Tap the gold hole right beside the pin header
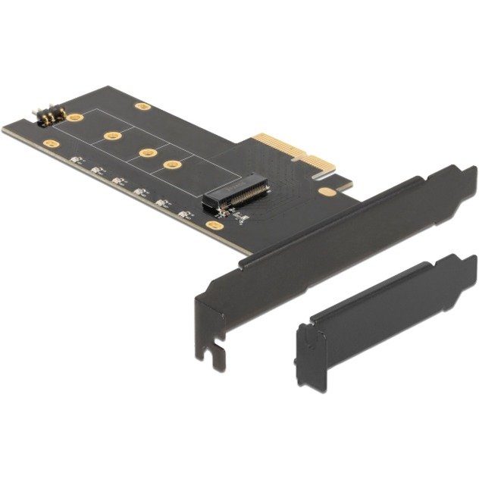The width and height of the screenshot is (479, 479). [74, 117]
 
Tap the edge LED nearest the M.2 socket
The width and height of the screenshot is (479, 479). [184, 213]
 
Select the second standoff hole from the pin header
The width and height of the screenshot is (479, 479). [111, 136]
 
